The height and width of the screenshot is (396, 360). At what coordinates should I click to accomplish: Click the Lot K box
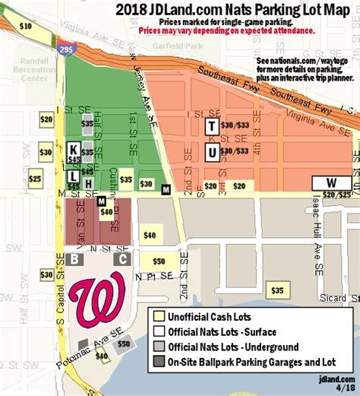[74, 149]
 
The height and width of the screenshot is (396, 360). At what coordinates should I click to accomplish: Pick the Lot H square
[89, 184]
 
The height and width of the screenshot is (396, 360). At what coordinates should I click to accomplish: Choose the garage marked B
[74, 259]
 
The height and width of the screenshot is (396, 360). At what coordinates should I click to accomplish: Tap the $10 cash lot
[25, 26]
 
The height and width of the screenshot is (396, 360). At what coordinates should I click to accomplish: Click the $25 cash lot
[35, 179]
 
